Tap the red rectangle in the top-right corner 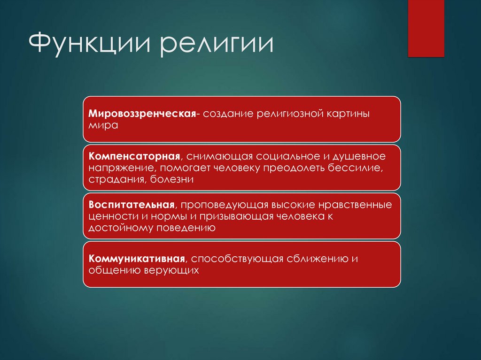pyautogui.click(x=426, y=28)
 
